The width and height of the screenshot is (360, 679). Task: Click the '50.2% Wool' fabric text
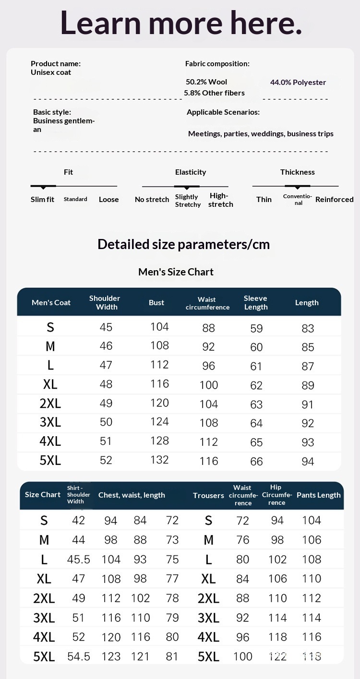pos(206,82)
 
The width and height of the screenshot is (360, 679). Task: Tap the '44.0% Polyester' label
pos(298,83)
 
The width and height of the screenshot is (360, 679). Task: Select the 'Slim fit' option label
pos(42,200)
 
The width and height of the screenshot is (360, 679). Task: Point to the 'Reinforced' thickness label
pos(334,200)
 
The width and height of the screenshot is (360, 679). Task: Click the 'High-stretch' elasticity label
pos(221,200)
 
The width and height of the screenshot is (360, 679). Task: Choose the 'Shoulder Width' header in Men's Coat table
pos(105,302)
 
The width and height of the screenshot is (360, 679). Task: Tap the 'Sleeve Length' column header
pos(255,302)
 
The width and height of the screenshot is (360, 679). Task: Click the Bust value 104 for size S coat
pos(159,327)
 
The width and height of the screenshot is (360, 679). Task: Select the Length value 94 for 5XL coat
pos(308,462)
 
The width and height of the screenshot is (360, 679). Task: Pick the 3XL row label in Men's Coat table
pos(50,422)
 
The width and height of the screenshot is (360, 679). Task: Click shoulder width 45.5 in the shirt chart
pos(79,560)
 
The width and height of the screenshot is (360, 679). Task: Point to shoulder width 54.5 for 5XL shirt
pos(79,656)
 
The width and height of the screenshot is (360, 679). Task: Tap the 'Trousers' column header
pos(208,495)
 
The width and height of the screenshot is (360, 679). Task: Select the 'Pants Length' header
pos(319,495)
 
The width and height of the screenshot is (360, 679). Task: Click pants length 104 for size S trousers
pos(312,521)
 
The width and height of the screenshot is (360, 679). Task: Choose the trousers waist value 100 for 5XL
pos(242,656)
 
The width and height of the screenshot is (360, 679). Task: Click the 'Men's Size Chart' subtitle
pos(176,272)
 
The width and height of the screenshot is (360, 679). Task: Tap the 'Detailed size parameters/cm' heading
pos(183,244)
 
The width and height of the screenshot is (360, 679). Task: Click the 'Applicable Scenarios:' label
pos(223,112)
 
